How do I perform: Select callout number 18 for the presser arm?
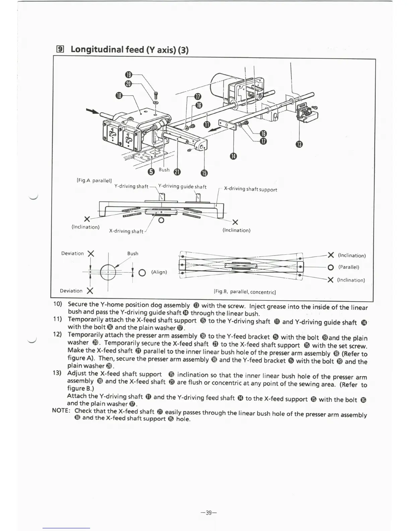(119, 96)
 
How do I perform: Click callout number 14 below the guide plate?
(233, 156)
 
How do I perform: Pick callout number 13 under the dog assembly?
(299, 144)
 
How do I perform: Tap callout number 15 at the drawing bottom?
(204, 173)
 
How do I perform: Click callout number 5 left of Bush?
(151, 172)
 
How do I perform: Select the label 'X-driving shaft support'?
(250, 189)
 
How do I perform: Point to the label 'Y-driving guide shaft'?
(182, 187)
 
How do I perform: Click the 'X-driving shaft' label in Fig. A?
(126, 231)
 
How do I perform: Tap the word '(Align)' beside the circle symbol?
(159, 272)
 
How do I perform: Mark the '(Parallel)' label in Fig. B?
(348, 267)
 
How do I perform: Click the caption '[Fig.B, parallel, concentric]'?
(245, 292)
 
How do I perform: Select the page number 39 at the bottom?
(209, 513)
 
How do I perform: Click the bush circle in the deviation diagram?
(108, 272)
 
